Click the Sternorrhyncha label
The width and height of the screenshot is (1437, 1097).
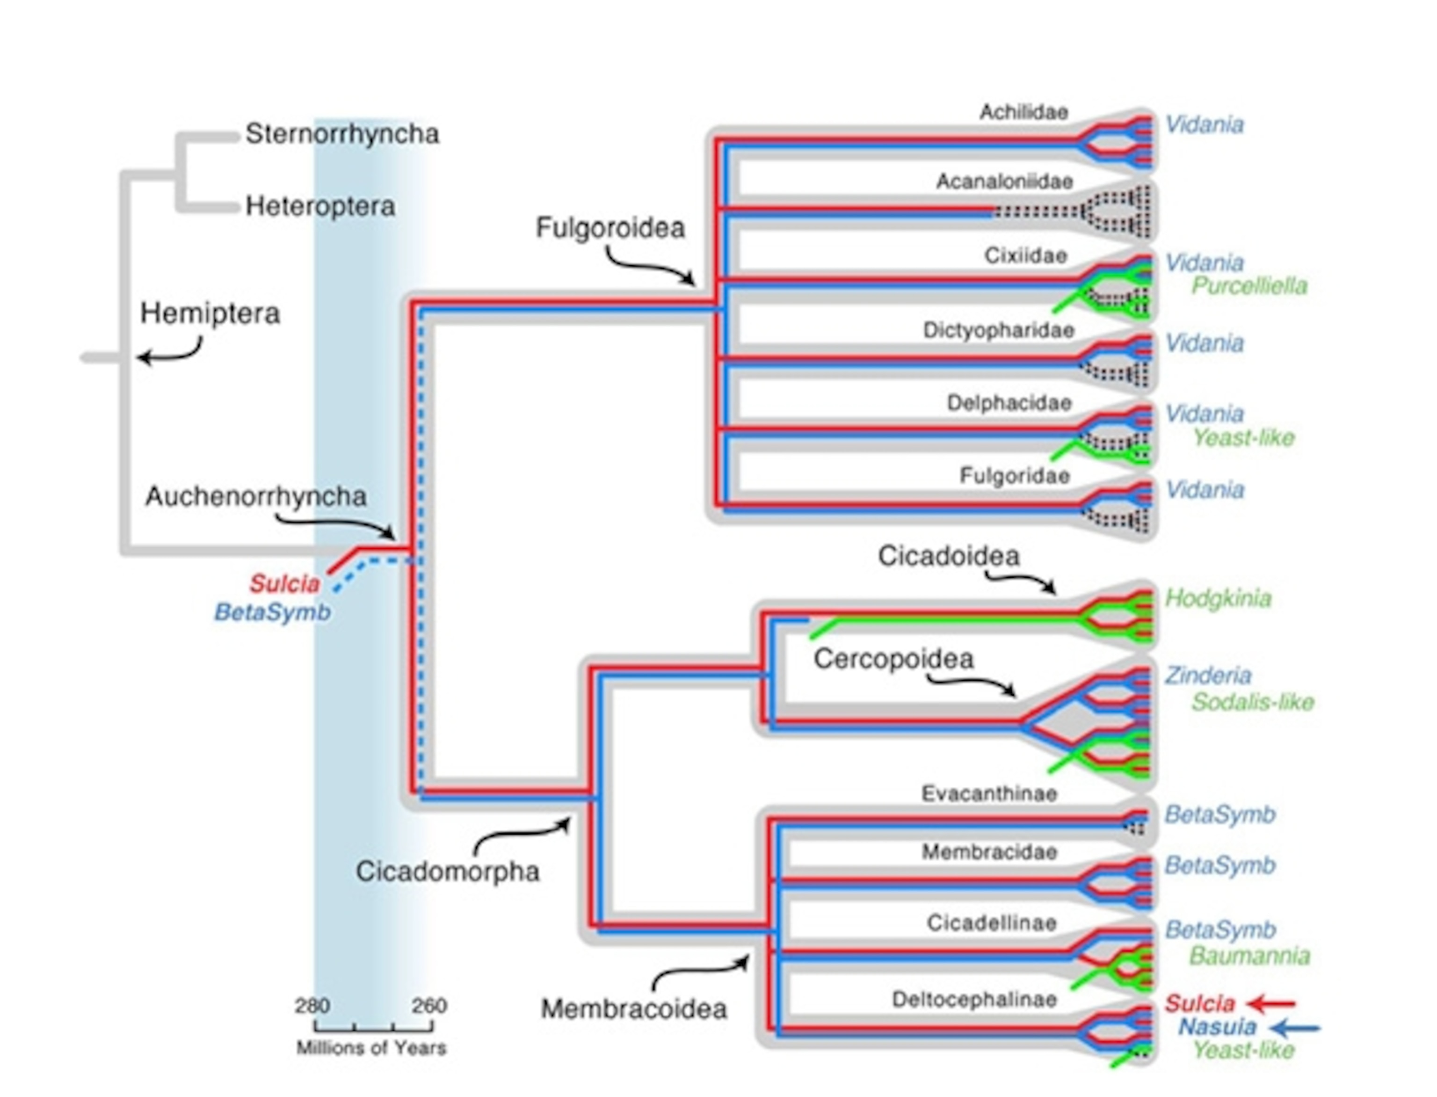[341, 134]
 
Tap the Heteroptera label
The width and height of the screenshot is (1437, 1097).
[320, 206]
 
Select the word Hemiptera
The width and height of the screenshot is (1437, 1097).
[210, 313]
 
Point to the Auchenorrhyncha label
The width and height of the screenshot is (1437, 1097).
[255, 496]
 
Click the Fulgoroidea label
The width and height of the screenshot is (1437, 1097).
[610, 228]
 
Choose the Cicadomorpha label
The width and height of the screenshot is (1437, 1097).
[447, 871]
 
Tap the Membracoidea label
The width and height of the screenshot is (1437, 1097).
[633, 1009]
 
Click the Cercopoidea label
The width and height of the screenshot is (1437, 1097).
[893, 659]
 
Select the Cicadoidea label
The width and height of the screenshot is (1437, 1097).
[948, 556]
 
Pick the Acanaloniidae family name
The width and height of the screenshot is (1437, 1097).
[1004, 182]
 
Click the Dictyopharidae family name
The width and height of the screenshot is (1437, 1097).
[998, 330]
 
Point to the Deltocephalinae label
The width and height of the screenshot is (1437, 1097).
[974, 999]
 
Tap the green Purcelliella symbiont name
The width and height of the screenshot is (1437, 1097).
[1249, 286]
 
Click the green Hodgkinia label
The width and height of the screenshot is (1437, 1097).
[1218, 598]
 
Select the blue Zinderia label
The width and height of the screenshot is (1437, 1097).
[1208, 675]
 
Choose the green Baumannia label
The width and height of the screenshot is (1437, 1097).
[1249, 956]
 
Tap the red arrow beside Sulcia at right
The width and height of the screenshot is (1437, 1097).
[1270, 1003]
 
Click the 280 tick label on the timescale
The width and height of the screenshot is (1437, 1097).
[312, 1006]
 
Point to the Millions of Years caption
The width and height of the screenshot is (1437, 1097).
[371, 1048]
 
